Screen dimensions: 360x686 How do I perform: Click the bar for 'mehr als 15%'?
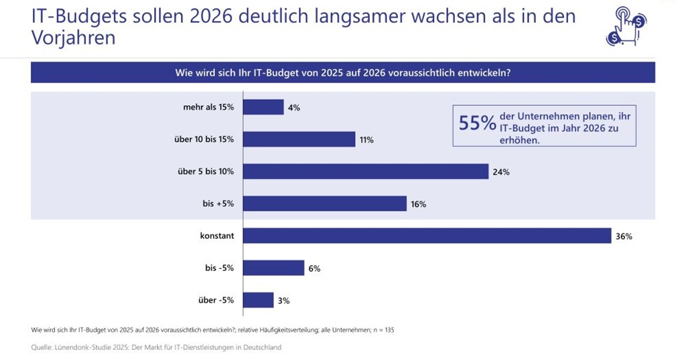pyautogui.click(x=263, y=107)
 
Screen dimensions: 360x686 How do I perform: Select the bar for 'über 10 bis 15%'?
pyautogui.click(x=299, y=139)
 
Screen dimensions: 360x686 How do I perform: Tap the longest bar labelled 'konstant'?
pyautogui.click(x=427, y=236)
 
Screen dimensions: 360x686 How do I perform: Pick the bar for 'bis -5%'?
pyautogui.click(x=273, y=268)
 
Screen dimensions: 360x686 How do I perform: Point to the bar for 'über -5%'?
pyautogui.click(x=258, y=300)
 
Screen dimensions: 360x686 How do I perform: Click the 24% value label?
pyautogui.click(x=501, y=172)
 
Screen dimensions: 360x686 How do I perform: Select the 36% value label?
pyautogui.click(x=624, y=236)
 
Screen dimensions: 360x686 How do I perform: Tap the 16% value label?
pyautogui.click(x=419, y=204)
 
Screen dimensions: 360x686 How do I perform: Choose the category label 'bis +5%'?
pyautogui.click(x=218, y=204)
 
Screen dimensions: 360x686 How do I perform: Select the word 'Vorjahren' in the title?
pyautogui.click(x=73, y=38)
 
